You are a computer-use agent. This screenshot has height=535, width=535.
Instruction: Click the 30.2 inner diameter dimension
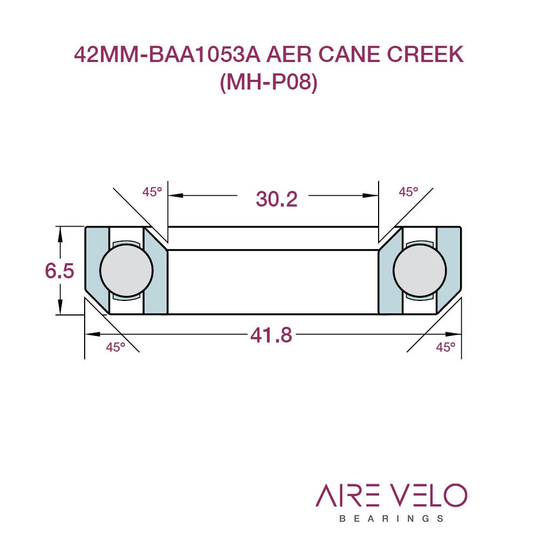click(276, 199)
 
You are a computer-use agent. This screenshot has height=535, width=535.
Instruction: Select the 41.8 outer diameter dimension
click(271, 335)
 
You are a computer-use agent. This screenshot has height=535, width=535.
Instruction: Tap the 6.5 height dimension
click(60, 271)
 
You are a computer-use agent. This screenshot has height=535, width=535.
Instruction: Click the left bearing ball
click(126, 270)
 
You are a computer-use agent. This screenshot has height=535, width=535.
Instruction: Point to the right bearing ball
click(420, 270)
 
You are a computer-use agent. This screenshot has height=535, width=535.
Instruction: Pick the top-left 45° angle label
click(152, 192)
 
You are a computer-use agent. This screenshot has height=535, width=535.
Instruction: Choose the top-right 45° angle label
click(408, 192)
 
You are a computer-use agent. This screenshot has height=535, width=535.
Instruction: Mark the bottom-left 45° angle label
click(115, 347)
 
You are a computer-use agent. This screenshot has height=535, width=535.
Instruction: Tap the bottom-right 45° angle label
click(445, 347)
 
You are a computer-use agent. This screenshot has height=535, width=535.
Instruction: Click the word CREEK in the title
click(425, 54)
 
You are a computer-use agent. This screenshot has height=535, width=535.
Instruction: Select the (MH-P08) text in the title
click(269, 83)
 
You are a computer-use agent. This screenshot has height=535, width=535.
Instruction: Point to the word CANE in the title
click(349, 54)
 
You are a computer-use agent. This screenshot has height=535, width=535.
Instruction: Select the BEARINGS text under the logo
click(392, 519)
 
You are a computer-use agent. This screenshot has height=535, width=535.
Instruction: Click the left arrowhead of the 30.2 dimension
click(175, 196)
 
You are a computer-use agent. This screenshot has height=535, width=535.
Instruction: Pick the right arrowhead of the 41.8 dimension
click(454, 334)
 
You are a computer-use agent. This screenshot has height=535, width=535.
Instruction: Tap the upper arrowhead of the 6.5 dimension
click(60, 234)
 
